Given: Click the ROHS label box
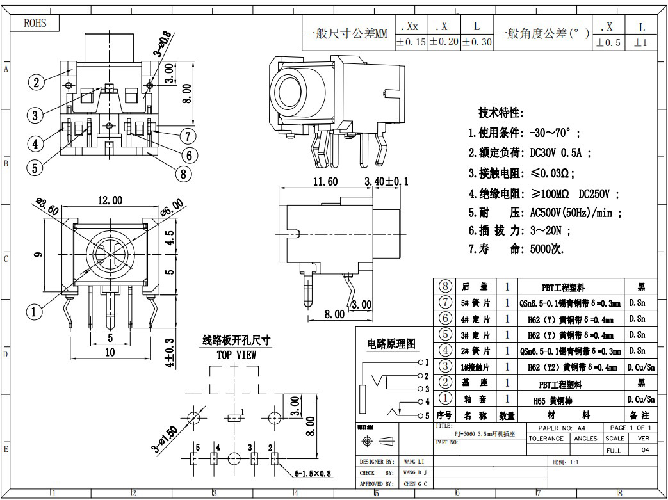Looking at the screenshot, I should (x=36, y=24).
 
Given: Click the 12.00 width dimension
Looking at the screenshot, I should (x=110, y=200).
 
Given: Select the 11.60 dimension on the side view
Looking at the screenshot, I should (x=325, y=182).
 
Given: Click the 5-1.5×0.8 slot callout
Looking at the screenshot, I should (x=313, y=474).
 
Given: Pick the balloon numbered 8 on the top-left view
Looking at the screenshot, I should (x=183, y=173).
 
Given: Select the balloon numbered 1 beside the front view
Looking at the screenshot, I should (x=33, y=312).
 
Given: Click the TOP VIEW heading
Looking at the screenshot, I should (x=236, y=355).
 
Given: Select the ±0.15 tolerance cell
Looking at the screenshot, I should (x=411, y=42).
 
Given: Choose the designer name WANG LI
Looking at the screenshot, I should (x=415, y=461).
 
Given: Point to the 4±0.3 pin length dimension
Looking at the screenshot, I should (x=169, y=353).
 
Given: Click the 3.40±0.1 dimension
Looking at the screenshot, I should (x=386, y=182).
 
